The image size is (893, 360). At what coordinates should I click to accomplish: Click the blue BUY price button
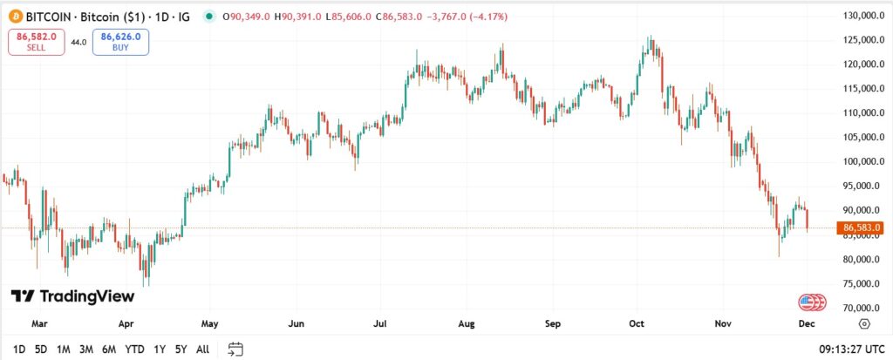[120, 41]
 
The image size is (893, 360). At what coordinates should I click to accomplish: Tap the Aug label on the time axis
[467, 323]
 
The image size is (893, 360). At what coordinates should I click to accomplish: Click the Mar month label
[39, 323]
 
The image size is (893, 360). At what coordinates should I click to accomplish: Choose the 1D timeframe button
[19, 350]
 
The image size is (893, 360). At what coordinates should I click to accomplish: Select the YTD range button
[134, 350]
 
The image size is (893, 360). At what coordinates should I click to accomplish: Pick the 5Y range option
[181, 350]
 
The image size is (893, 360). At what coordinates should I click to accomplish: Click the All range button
[202, 350]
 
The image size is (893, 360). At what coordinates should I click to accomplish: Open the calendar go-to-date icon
[235, 350]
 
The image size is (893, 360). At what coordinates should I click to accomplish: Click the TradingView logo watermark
[72, 296]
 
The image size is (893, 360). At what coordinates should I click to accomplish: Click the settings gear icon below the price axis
[863, 323]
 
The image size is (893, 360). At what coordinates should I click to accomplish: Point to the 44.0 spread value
[78, 42]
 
